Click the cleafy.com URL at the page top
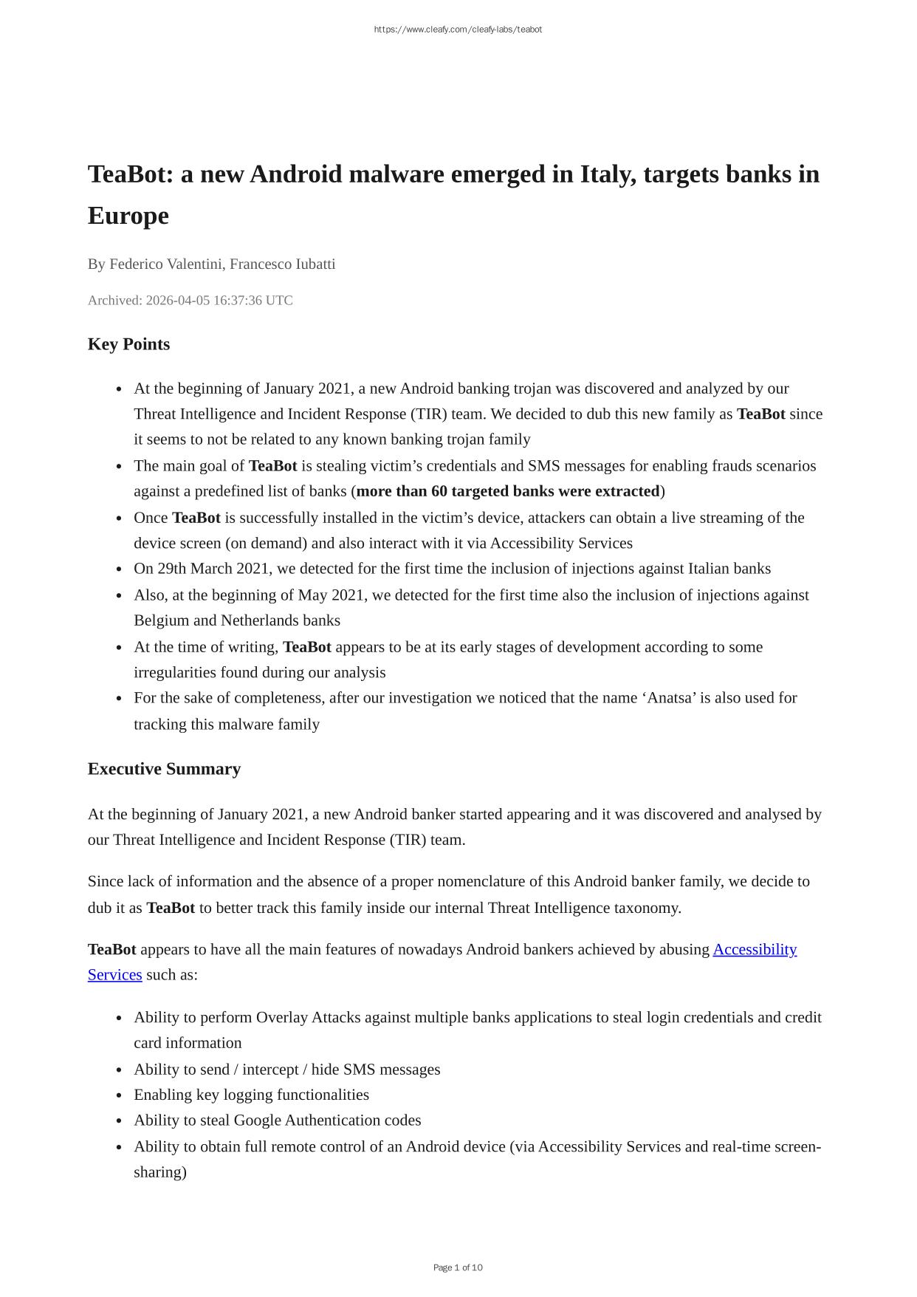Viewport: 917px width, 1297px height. coord(458,30)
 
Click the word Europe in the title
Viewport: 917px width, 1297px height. coord(128,216)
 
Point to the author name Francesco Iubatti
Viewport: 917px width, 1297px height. coord(282,264)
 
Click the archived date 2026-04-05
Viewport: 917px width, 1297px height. coord(177,300)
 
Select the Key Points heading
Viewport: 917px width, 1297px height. coord(128,344)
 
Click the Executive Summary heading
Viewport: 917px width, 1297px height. coord(164,769)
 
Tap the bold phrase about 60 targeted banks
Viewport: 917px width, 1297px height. coord(508,491)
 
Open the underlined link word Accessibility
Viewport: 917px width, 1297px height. coord(755,949)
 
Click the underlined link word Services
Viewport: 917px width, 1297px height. coord(114,975)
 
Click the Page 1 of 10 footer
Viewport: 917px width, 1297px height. coord(458,1267)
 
